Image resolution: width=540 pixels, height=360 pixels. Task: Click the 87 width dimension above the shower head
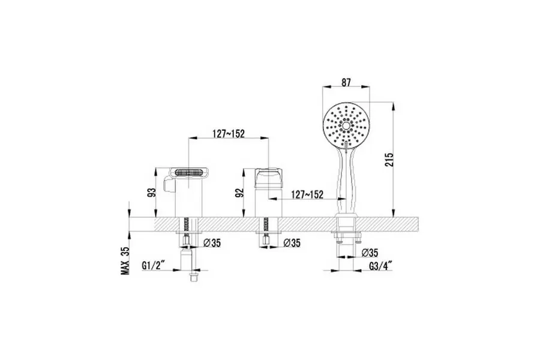click(346, 82)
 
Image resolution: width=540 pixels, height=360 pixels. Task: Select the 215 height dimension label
click(389, 160)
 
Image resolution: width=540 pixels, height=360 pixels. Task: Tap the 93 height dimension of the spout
click(152, 192)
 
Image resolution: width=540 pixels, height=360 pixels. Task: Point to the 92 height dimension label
click(239, 193)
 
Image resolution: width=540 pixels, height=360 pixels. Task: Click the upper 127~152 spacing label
click(229, 133)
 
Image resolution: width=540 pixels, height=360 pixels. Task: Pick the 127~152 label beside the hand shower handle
click(307, 194)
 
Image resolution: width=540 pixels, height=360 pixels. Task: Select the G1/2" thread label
click(153, 266)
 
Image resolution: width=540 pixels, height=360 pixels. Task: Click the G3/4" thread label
click(381, 266)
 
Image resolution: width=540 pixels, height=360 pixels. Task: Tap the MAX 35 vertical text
click(125, 260)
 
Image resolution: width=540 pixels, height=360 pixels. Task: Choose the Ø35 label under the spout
click(212, 243)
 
